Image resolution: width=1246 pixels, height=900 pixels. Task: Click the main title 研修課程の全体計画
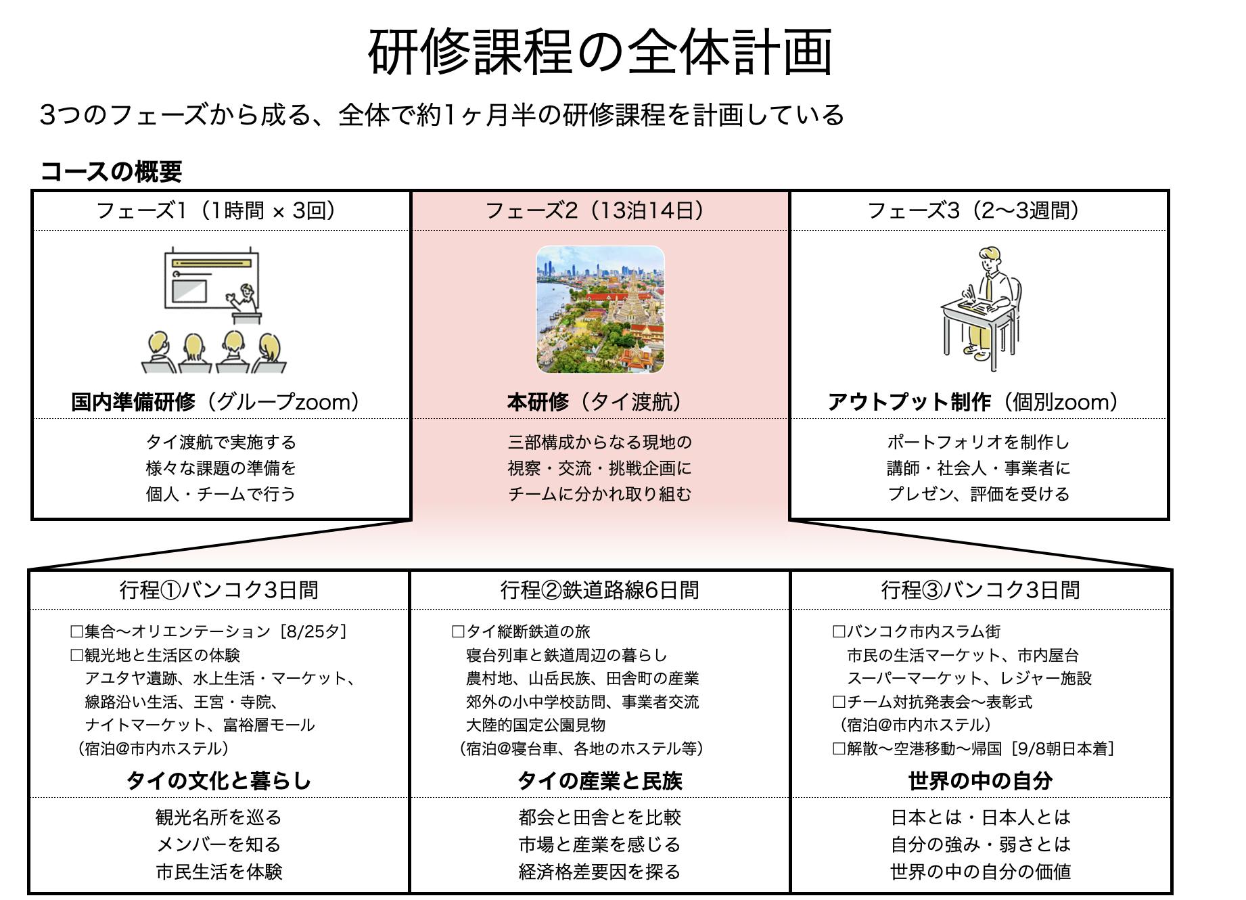[x=600, y=51]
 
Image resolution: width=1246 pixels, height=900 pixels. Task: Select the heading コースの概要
[x=111, y=172]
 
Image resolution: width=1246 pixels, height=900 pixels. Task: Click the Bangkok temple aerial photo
[x=600, y=309]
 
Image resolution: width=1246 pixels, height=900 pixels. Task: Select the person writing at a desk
[x=981, y=309]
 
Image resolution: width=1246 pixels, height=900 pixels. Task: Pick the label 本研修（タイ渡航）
[x=595, y=402]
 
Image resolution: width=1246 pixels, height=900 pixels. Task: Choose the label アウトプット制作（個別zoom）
[x=973, y=402]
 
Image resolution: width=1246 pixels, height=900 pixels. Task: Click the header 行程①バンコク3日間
[x=219, y=590]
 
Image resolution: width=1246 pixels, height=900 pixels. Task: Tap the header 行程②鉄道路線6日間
[x=600, y=590]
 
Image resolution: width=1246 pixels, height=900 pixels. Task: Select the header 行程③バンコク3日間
[x=981, y=590]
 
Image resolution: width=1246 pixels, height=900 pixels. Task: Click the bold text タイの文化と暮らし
[x=219, y=781]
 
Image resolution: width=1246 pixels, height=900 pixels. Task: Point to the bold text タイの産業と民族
[x=600, y=781]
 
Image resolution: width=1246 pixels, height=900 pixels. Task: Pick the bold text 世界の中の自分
[x=981, y=781]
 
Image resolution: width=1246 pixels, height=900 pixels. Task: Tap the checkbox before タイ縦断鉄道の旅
[x=458, y=632]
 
